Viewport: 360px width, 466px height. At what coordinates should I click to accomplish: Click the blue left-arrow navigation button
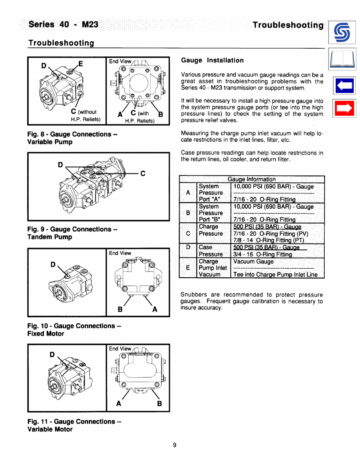tap(344, 86)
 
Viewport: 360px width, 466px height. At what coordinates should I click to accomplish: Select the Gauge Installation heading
tap(212, 60)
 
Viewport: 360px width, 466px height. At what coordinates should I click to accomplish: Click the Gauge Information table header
tap(251, 179)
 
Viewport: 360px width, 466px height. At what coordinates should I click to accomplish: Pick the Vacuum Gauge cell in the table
tap(253, 262)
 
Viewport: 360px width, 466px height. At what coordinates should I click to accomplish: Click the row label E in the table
tap(188, 268)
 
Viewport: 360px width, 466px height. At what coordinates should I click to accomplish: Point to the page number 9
tap(175, 445)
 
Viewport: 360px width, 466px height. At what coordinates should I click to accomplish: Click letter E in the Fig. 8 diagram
tap(80, 63)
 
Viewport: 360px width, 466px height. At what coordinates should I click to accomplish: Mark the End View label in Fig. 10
tap(120, 253)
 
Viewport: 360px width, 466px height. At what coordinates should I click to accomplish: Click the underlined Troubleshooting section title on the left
tap(61, 42)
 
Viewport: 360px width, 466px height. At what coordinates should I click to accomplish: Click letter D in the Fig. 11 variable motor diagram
tap(52, 355)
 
